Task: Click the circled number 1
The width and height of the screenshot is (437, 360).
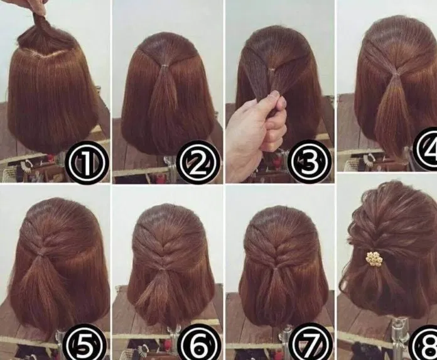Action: (x=86, y=162)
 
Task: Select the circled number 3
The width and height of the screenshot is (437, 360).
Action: (x=310, y=161)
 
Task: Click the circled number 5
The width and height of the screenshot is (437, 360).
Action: (x=85, y=344)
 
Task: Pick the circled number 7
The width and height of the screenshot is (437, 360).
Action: (x=310, y=344)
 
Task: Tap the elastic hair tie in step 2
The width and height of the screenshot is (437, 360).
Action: (x=166, y=67)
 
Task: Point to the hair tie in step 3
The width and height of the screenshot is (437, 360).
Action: (x=271, y=68)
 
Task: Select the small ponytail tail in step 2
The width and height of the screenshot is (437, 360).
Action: (x=165, y=92)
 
